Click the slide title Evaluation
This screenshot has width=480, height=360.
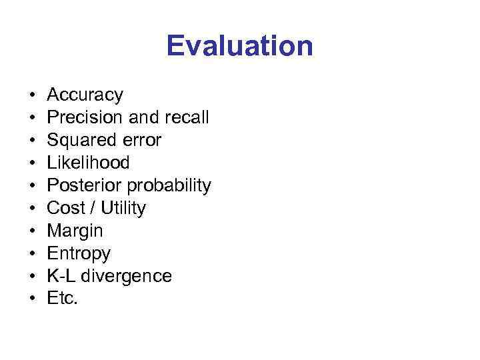point(239,46)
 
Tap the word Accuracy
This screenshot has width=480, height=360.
point(85,95)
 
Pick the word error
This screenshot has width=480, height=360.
point(141,141)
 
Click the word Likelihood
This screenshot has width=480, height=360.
point(88,163)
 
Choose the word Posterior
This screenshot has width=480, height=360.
point(83,186)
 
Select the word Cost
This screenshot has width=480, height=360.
point(66,209)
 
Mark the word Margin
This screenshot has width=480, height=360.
point(75,231)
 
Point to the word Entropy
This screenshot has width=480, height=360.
point(79,254)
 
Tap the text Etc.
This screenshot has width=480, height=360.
point(63,299)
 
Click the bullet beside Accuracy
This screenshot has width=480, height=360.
point(32,95)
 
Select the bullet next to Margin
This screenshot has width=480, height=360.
point(32,231)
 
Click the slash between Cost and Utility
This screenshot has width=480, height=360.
point(94,209)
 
